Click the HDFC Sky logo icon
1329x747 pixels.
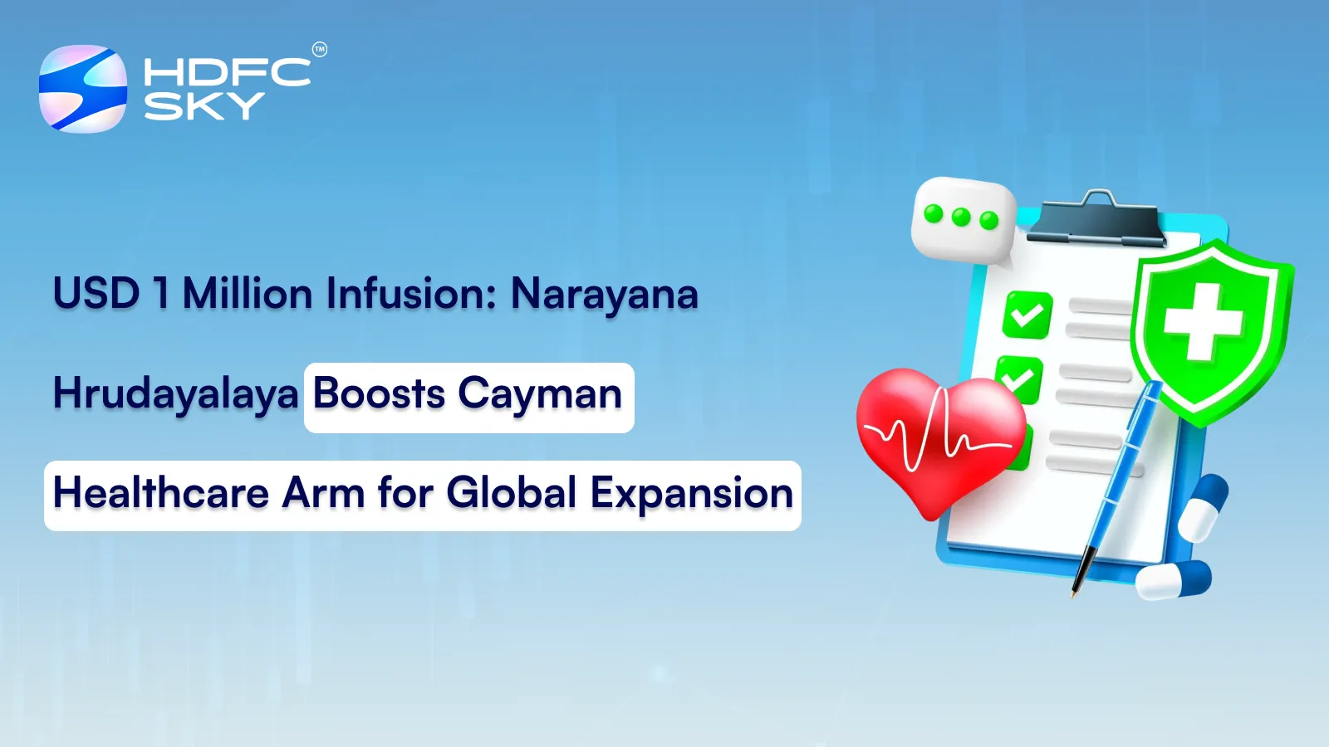pyautogui.click(x=83, y=89)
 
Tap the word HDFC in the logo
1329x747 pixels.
pyautogui.click(x=227, y=72)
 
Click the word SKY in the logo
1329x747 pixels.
pyautogui.click(x=204, y=106)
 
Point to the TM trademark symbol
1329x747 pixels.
pyautogui.click(x=320, y=50)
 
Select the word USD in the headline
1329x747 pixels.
pyautogui.click(x=96, y=294)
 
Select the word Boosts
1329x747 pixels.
pyautogui.click(x=379, y=394)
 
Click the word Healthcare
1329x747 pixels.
pyautogui.click(x=161, y=493)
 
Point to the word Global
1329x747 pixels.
pyautogui.click(x=512, y=493)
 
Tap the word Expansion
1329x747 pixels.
pyautogui.click(x=692, y=495)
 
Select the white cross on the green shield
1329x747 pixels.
pyautogui.click(x=1203, y=322)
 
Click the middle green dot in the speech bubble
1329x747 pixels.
pyautogui.click(x=961, y=217)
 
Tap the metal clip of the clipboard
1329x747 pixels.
pyautogui.click(x=1100, y=218)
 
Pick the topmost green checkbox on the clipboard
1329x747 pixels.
pyautogui.click(x=1027, y=315)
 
